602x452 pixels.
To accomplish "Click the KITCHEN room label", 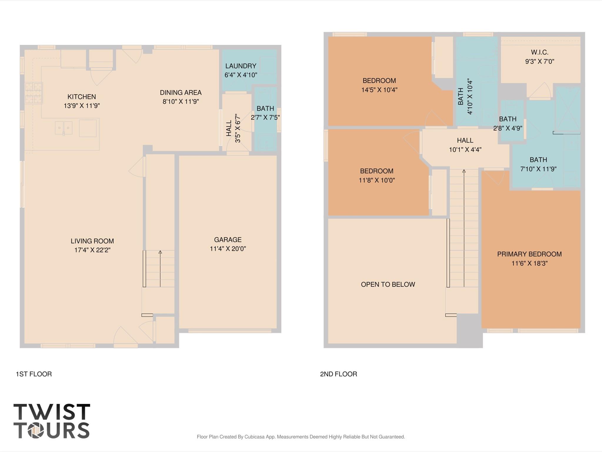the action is coord(81,97).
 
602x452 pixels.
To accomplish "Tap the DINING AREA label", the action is coord(181,92).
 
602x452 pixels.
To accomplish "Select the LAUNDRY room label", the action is coord(241,66).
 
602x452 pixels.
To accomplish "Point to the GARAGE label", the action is coord(228,240).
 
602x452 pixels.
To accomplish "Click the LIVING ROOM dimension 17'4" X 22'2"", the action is coord(92,250).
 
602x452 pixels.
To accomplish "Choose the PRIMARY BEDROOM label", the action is coord(529,254).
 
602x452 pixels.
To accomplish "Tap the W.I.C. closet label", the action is coord(540,52).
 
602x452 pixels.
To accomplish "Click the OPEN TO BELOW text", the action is coord(388,284).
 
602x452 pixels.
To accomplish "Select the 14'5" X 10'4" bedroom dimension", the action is coord(379,90).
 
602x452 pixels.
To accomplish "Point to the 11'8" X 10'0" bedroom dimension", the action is coord(377,180).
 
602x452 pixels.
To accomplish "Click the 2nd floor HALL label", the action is coord(465,140).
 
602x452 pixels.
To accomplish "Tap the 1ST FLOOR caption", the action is coord(34,374).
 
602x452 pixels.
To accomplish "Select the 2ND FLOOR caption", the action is coord(338,374).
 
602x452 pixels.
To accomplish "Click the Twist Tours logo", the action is coord(52,421).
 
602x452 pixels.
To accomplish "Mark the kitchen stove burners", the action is coord(34,93).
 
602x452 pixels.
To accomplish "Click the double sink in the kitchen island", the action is coord(64,128).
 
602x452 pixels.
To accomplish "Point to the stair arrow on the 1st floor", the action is coord(160,269).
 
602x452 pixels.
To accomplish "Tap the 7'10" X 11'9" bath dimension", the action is coord(538,169).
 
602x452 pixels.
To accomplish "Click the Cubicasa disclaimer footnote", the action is coord(301,437).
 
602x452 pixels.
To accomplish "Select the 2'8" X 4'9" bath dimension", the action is coord(508,128).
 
